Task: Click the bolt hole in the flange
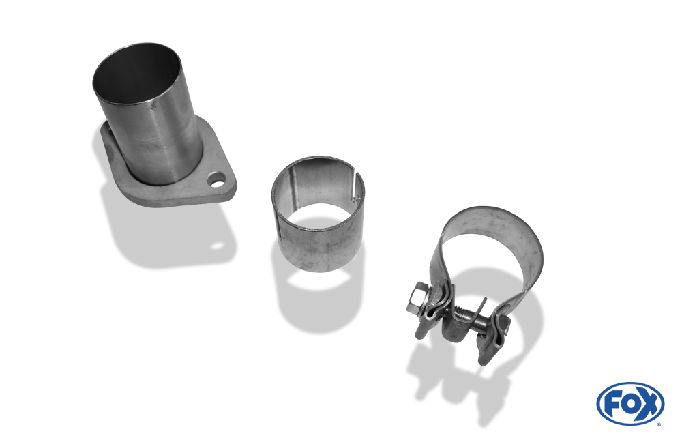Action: click(217, 179)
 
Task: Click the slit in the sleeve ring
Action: click(357, 187)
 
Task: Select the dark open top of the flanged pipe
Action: click(136, 73)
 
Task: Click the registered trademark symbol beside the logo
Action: click(659, 424)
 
